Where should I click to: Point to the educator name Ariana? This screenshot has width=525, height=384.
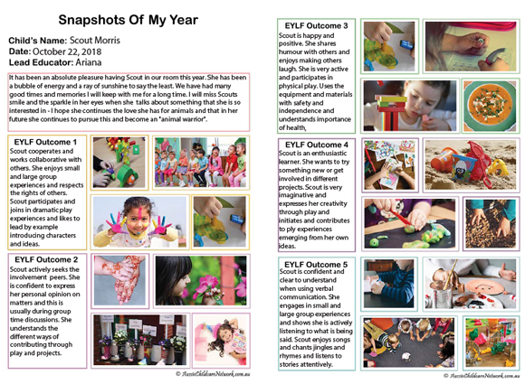coord(87,64)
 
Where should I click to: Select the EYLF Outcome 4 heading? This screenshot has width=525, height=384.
coord(315,145)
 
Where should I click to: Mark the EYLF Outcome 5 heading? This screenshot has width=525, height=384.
coord(315,264)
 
